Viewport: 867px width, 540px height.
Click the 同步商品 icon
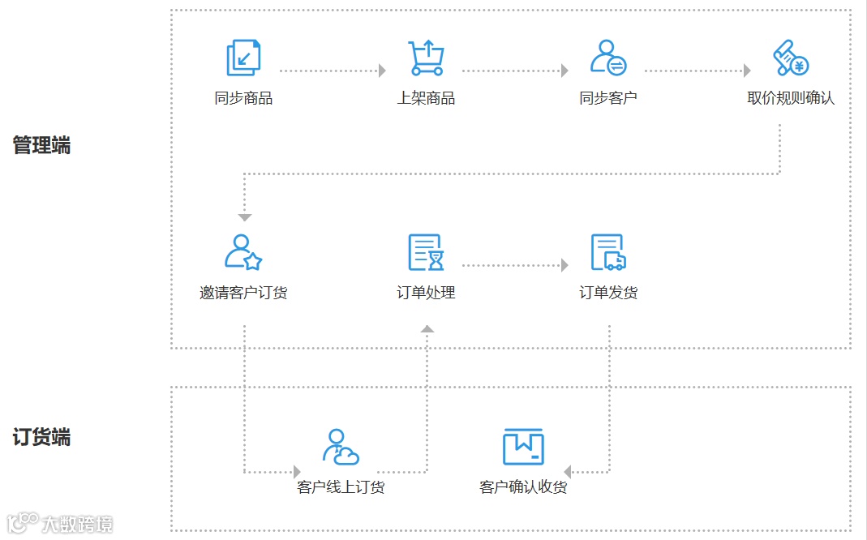pyautogui.click(x=243, y=58)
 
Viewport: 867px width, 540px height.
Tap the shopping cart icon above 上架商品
pyautogui.click(x=426, y=58)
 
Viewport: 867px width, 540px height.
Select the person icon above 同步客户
pyautogui.click(x=607, y=58)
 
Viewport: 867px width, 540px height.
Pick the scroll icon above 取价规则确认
pyautogui.click(x=790, y=58)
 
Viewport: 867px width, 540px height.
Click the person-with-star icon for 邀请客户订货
pyautogui.click(x=243, y=252)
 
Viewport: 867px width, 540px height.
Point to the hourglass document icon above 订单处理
pyautogui.click(x=426, y=252)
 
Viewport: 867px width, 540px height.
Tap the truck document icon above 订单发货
pyautogui.click(x=608, y=252)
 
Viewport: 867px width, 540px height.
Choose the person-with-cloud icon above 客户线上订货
pyautogui.click(x=341, y=447)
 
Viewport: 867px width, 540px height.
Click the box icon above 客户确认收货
pyautogui.click(x=523, y=447)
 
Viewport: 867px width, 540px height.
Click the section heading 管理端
pyautogui.click(x=41, y=146)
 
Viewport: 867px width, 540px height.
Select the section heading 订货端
pyautogui.click(x=41, y=438)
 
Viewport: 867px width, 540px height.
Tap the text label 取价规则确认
pyautogui.click(x=791, y=98)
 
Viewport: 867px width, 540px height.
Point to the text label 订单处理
pyautogui.click(x=426, y=293)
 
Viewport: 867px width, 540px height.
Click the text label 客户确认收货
pyautogui.click(x=523, y=487)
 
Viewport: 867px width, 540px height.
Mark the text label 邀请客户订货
pyautogui.click(x=243, y=293)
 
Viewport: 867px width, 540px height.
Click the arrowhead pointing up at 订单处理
pyautogui.click(x=427, y=328)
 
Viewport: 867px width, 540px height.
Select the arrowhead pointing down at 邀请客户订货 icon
pyautogui.click(x=245, y=217)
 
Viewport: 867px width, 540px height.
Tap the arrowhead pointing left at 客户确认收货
pyautogui.click(x=569, y=471)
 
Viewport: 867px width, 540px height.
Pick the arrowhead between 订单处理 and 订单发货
pyautogui.click(x=564, y=265)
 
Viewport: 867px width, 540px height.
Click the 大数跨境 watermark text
pyautogui.click(x=77, y=524)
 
